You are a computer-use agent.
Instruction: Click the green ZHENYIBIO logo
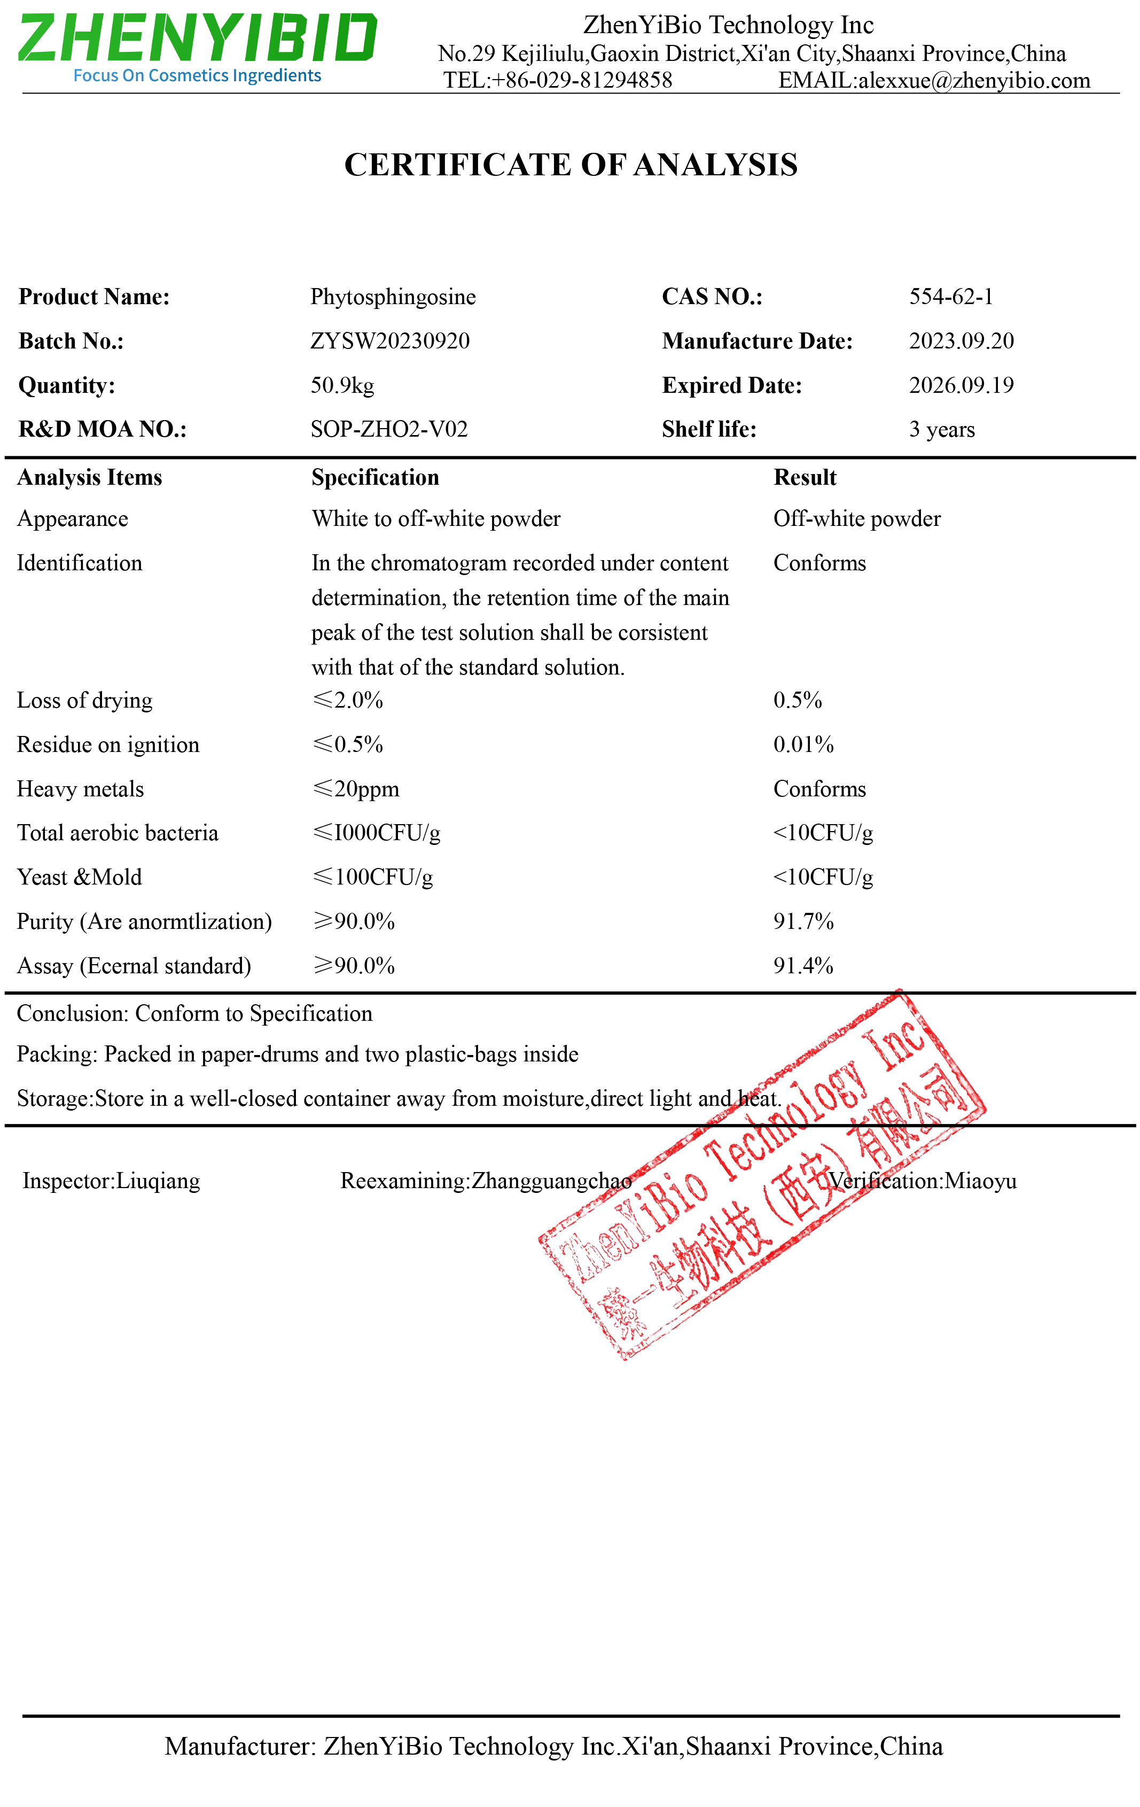point(197,39)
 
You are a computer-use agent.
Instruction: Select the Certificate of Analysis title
point(570,165)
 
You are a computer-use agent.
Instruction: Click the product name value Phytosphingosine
point(393,297)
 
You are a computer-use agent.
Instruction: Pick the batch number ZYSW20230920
point(390,342)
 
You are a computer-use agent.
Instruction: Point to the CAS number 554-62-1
point(951,297)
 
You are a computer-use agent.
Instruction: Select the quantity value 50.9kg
point(342,386)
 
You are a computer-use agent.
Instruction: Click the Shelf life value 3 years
point(942,430)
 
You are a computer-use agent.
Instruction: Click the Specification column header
point(375,478)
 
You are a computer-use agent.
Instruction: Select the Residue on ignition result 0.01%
point(803,745)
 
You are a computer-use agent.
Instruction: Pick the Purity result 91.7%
point(803,921)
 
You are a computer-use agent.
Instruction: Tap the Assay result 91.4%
point(803,966)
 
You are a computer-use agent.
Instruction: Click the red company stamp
point(761,1174)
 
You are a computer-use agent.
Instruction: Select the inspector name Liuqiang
point(158,1181)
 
